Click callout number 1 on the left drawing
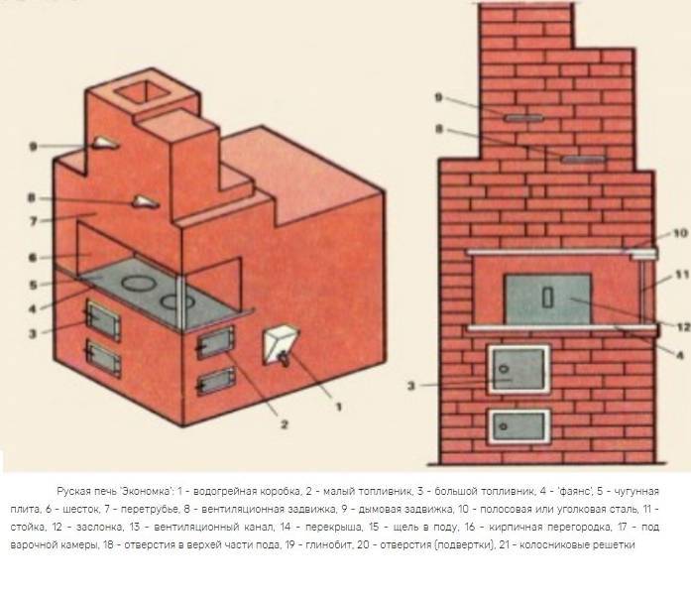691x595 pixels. (x=339, y=407)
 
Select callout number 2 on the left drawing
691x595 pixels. (x=285, y=424)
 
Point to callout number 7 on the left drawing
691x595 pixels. (x=34, y=221)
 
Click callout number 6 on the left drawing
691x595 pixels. (x=33, y=258)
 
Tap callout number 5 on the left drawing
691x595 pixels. (x=33, y=285)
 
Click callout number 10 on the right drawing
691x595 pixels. (x=680, y=233)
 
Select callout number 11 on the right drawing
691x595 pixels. (x=682, y=275)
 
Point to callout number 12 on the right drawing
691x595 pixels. (x=683, y=326)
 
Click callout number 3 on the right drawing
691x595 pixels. (x=411, y=386)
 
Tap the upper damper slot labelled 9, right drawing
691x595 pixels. (x=523, y=118)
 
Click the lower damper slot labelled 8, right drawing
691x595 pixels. (x=583, y=159)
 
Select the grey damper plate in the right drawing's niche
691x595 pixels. (x=547, y=298)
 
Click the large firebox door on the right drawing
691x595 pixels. (x=519, y=369)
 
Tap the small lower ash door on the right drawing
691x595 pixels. (x=519, y=426)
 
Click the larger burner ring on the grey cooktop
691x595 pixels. (x=139, y=283)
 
